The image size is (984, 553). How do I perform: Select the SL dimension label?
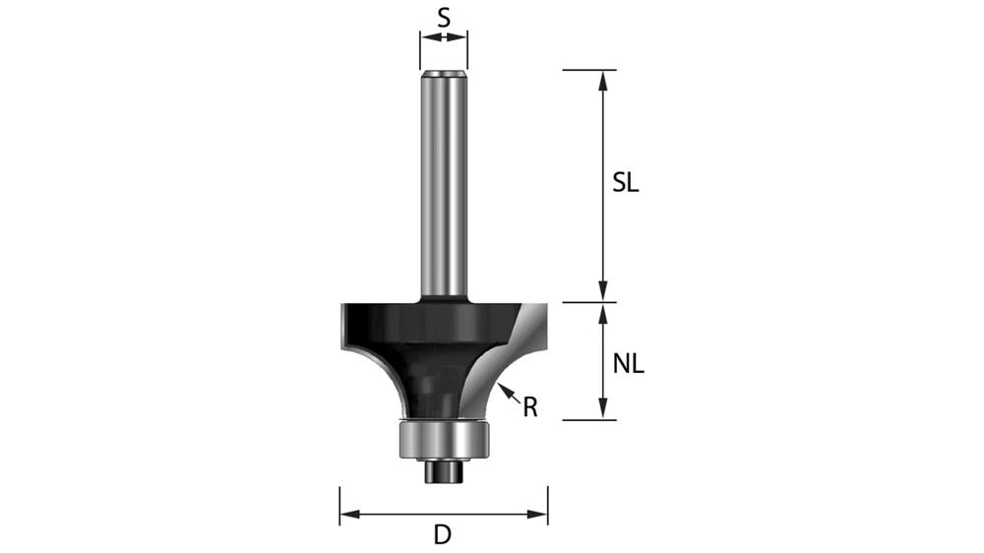tap(625, 183)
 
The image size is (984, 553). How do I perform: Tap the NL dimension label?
tap(628, 364)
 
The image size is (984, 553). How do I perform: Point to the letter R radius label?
tap(530, 406)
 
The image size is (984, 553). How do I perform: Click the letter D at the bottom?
tap(443, 535)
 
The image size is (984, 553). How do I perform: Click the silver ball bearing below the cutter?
tap(443, 438)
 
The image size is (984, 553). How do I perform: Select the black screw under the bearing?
tap(443, 470)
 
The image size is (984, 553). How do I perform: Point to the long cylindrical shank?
tap(443, 187)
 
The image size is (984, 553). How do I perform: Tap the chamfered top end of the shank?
tap(443, 73)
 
